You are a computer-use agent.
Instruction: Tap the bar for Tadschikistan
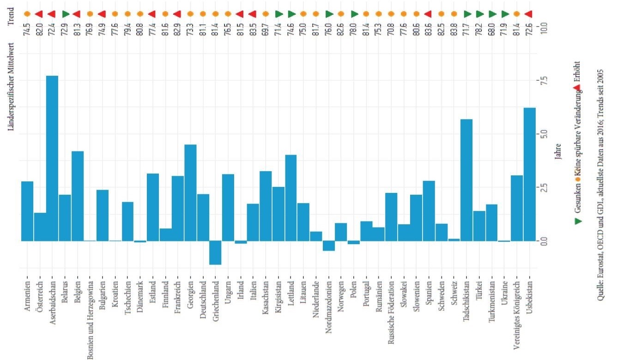(x=467, y=180)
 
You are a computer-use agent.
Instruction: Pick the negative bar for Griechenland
(x=215, y=252)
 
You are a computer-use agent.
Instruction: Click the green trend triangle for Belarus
(x=65, y=14)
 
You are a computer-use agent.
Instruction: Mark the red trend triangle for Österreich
(x=40, y=14)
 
